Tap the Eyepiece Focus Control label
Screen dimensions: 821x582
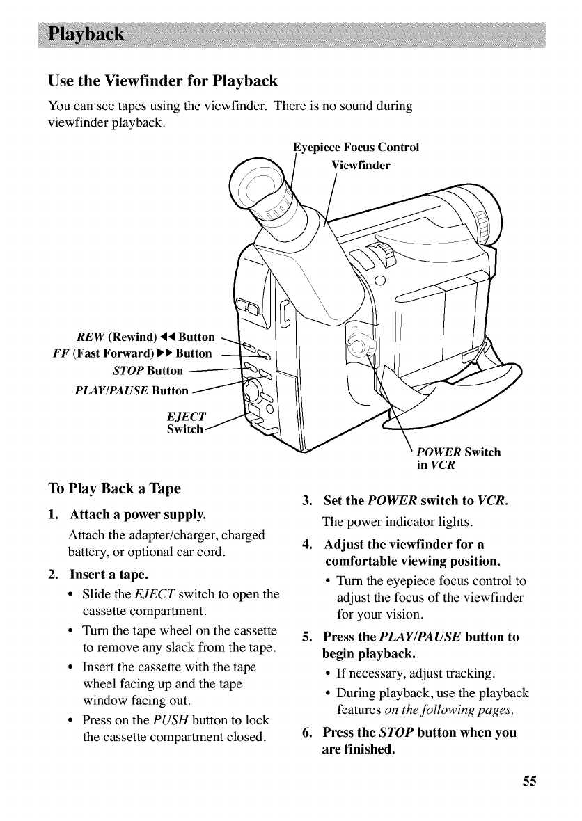pos(356,148)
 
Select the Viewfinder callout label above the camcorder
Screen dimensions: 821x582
pos(361,166)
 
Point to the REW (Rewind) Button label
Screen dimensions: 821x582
pos(145,338)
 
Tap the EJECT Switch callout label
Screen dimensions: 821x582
pos(186,423)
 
